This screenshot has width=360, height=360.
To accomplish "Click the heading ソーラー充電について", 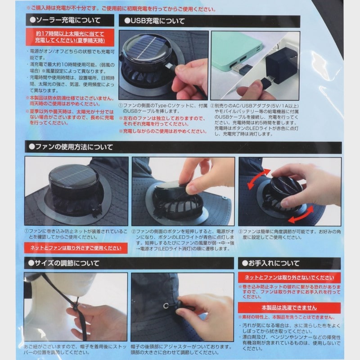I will (x=67, y=21).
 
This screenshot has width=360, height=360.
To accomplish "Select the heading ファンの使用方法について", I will (x=72, y=147).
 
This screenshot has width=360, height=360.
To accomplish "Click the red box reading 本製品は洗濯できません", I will (x=289, y=308).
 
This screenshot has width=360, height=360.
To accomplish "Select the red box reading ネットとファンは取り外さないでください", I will (x=289, y=278).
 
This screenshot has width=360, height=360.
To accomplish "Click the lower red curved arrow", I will (x=299, y=216).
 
